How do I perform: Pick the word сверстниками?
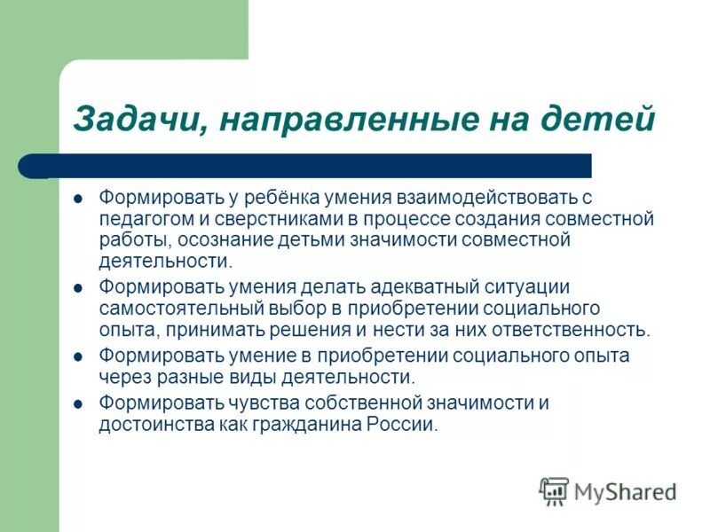[265, 217]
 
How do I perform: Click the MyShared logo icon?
[554, 489]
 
